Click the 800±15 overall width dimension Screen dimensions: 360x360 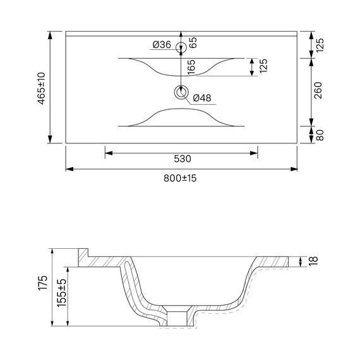pyautogui.click(x=180, y=178)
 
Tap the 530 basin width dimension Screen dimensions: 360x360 pyautogui.click(x=183, y=159)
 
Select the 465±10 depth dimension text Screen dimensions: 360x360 pyautogui.click(x=42, y=88)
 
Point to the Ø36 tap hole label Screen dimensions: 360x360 pyautogui.click(x=162, y=45)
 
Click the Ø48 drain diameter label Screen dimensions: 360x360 pyautogui.click(x=202, y=98)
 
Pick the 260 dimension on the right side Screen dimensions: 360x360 pyautogui.click(x=318, y=90)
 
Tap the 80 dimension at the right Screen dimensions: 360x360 pyautogui.click(x=320, y=135)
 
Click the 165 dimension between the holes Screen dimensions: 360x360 pyautogui.click(x=191, y=67)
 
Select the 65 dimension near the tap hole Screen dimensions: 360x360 pyautogui.click(x=193, y=42)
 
